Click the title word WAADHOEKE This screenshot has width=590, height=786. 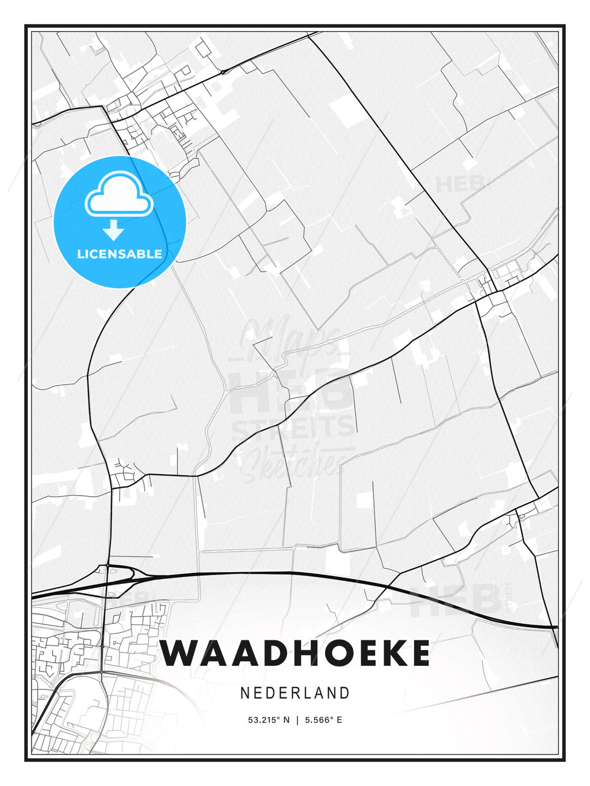[x=295, y=653]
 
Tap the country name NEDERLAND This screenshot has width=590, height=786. [x=295, y=693]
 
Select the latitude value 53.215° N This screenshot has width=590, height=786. [x=269, y=720]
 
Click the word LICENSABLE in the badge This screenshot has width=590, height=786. [x=120, y=254]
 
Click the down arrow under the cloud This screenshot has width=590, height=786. [x=114, y=230]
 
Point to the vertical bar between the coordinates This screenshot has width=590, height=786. [x=297, y=720]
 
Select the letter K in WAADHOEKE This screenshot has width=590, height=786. [x=388, y=653]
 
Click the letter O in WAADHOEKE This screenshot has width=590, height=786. [x=330, y=653]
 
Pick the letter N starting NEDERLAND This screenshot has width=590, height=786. [x=245, y=693]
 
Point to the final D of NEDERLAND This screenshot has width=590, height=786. [x=344, y=693]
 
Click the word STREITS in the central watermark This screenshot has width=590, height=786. [x=293, y=427]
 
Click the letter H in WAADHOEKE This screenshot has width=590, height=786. [x=298, y=653]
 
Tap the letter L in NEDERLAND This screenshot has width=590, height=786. [x=308, y=693]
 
